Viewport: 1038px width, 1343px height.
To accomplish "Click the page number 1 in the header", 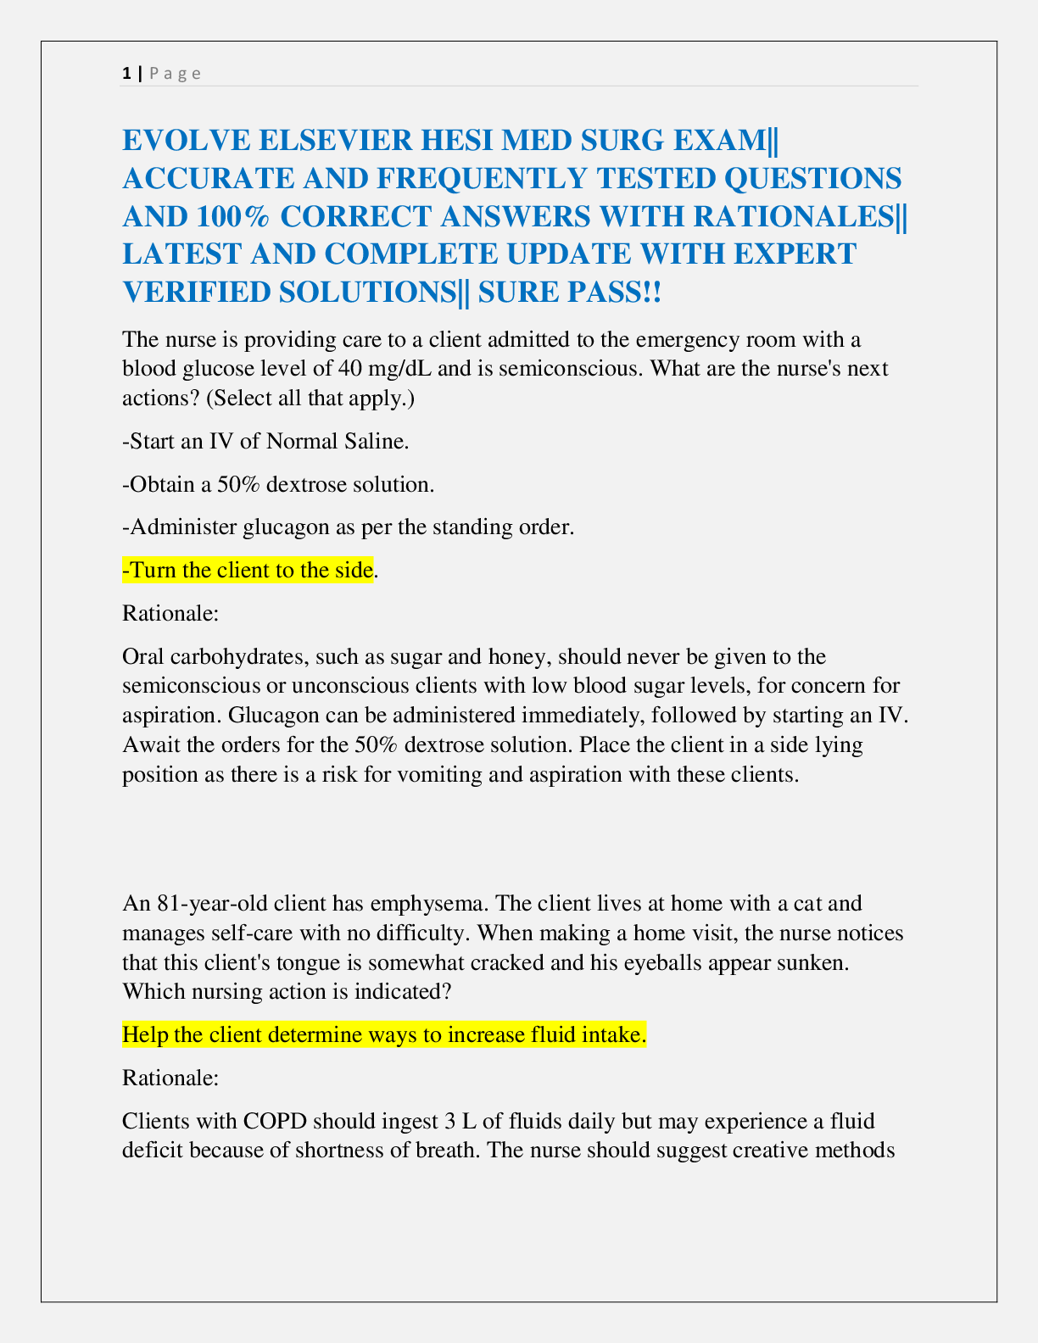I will [x=126, y=73].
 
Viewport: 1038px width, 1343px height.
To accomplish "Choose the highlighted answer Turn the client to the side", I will [x=248, y=570].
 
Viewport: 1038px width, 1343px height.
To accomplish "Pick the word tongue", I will [x=338, y=962].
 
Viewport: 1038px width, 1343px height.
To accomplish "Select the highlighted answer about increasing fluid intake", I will [x=384, y=1034].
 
